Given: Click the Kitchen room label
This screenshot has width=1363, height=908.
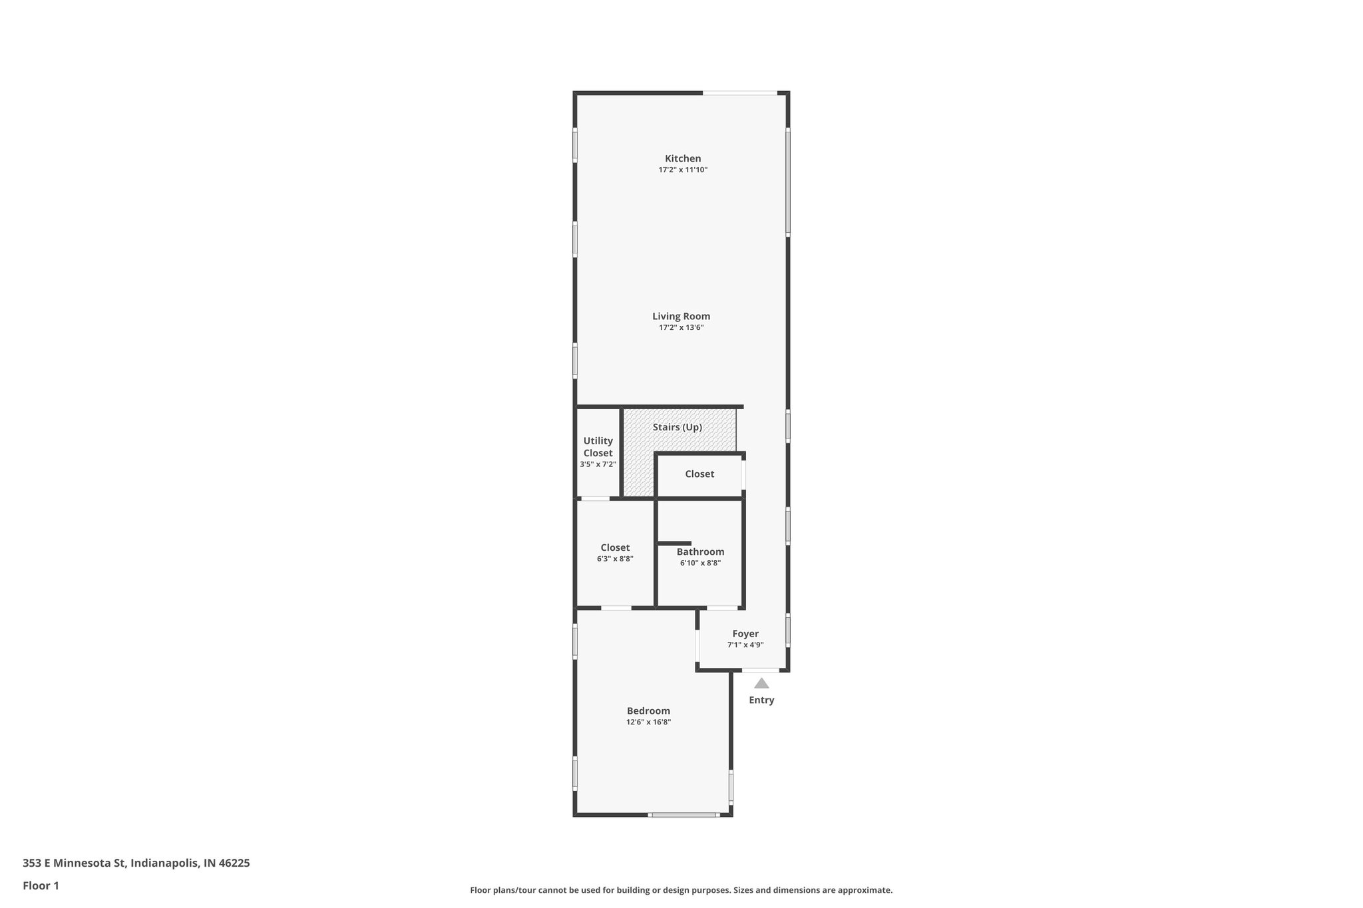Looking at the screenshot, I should (683, 158).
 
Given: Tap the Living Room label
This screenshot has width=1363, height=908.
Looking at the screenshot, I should (681, 316).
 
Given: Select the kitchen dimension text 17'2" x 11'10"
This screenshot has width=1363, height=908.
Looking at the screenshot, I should (683, 170).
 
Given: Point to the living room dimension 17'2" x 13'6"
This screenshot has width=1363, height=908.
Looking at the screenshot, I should (681, 328).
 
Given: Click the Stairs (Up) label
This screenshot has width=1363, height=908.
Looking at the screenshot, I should (677, 427).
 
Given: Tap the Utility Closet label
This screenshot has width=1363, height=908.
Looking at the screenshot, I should (598, 446).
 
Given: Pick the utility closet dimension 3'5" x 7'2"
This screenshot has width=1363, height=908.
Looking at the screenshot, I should (598, 464).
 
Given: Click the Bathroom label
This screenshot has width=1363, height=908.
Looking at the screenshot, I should (700, 551).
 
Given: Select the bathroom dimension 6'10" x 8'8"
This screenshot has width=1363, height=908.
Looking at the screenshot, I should (700, 563).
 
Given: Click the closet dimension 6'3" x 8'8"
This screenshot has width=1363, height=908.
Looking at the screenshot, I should (615, 559).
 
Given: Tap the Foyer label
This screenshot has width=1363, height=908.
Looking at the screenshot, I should (745, 633).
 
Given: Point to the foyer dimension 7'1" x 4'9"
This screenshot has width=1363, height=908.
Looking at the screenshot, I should (745, 645).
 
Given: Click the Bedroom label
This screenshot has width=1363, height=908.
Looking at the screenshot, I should (648, 710).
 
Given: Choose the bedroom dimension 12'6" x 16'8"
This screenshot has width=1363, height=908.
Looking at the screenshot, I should (648, 722).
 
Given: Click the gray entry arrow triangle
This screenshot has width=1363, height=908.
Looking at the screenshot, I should (761, 683).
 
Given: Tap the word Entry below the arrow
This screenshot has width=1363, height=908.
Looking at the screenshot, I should (761, 700).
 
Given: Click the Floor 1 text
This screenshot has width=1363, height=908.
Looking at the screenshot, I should (41, 885).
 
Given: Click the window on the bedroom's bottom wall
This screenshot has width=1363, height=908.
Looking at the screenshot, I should (683, 814).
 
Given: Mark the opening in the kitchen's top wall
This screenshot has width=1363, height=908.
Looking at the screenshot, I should (740, 93).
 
